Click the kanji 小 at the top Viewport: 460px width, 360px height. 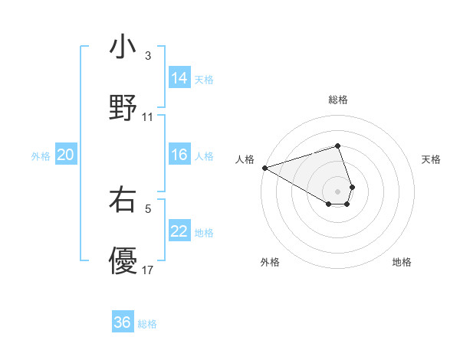tap(123, 47)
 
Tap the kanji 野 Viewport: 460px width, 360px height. tap(123, 106)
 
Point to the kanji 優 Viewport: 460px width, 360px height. tap(123, 260)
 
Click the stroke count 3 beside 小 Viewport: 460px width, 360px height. tap(148, 56)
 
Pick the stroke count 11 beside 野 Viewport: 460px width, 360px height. tap(148, 117)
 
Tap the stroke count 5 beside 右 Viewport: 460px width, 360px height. tap(148, 208)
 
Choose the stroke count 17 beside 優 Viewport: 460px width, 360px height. tap(148, 270)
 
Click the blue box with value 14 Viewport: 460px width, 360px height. tap(179, 78)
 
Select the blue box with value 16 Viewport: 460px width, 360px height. tap(179, 155)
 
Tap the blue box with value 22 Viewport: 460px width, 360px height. tap(179, 231)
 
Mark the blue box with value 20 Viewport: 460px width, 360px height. tap(66, 155)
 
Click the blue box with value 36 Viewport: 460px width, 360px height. tap(123, 323)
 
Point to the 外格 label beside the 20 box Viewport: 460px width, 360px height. tap(41, 156)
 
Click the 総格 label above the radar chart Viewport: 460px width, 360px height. tap(337, 100)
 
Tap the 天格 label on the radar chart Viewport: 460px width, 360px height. tap(432, 159)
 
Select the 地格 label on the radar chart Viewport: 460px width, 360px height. tap(402, 262)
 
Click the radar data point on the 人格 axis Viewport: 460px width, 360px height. tap(264, 168)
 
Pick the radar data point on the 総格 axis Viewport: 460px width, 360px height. tap(337, 146)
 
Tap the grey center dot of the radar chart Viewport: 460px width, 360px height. tap(337, 191)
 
